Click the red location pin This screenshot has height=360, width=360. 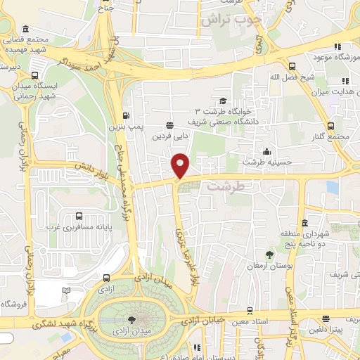point(181,165)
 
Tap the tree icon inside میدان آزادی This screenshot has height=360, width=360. point(124,321)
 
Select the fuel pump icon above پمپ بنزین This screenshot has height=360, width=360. point(126,116)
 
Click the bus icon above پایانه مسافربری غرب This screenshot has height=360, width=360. point(79,217)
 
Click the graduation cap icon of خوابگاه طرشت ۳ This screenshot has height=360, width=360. point(223,101)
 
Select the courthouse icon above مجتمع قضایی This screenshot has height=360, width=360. point(26,29)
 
